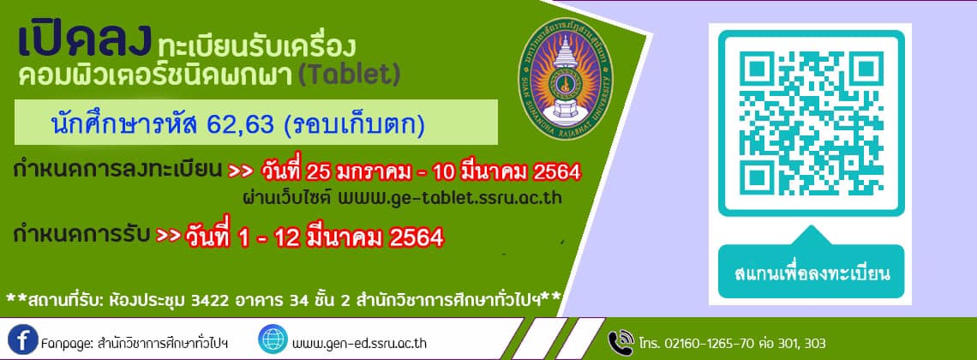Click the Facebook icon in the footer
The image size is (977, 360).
pyautogui.click(x=24, y=339)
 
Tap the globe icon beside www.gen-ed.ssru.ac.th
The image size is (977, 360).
pyautogui.click(x=273, y=339)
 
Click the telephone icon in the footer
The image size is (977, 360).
pyautogui.click(x=620, y=342)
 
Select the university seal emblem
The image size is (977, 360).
pyautogui.click(x=566, y=79)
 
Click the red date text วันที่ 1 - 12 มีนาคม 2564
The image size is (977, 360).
pyautogui.click(x=314, y=237)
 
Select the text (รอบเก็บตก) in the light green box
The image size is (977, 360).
pyautogui.click(x=354, y=125)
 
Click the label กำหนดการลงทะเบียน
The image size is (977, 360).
pyautogui.click(x=117, y=170)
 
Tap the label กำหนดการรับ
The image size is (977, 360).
pyautogui.click(x=81, y=236)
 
